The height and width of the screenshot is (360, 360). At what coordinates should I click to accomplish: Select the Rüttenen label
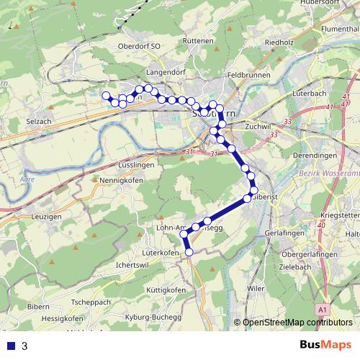click(x=198, y=42)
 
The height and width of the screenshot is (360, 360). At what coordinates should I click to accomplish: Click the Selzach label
click(x=39, y=122)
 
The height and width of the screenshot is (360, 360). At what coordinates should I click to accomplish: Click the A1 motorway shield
click(x=323, y=310)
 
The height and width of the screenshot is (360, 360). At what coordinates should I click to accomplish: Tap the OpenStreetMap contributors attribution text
click(x=297, y=323)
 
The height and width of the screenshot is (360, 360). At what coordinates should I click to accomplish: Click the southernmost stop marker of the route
click(x=190, y=252)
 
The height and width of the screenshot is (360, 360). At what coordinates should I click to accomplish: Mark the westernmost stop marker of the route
click(x=106, y=96)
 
